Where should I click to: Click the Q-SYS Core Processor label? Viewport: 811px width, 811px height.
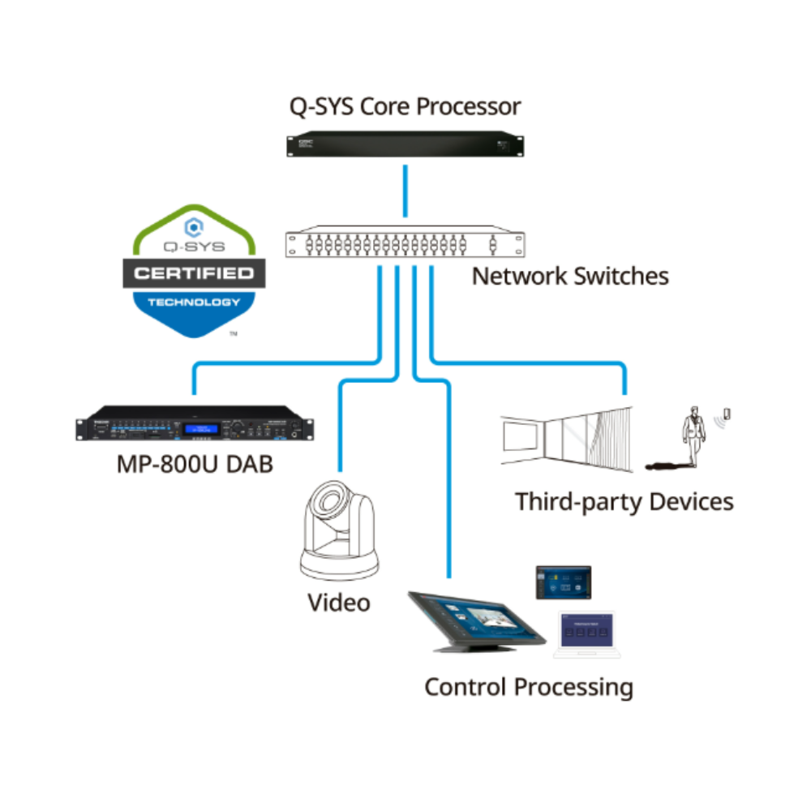coord(405,106)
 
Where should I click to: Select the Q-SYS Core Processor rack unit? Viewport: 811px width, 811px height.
coord(405,145)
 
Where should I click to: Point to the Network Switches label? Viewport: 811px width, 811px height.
coord(570,276)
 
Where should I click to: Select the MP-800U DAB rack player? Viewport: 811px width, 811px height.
coord(195,426)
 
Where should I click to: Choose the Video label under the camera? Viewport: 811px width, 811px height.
coord(338,603)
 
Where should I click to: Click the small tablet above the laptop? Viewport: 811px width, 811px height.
coord(563,581)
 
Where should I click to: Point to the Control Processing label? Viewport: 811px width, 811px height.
coord(529,687)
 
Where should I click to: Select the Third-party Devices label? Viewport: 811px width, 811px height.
coord(624,501)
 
